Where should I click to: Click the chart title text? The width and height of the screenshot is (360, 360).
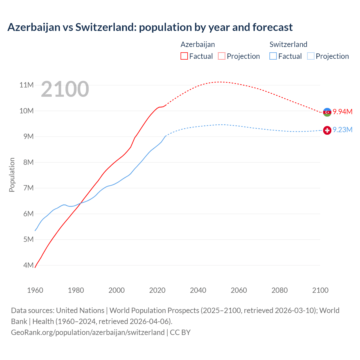coord(150,27)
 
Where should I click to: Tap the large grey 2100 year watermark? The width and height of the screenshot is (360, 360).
coord(65,89)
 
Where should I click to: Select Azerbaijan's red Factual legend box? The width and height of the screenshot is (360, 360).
coord(184,56)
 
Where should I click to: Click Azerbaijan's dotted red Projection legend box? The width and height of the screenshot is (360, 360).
coord(222,56)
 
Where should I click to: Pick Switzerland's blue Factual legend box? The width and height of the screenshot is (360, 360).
coord(273,56)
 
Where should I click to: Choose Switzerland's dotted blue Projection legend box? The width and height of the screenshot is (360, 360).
coord(310,56)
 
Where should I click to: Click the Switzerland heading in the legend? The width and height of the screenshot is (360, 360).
coord(288,44)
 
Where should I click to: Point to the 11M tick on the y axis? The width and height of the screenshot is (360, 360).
coord(26,85)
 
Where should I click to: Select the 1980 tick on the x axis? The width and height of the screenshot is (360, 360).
coord(76,290)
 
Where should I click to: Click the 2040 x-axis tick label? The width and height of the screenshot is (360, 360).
coord(198,290)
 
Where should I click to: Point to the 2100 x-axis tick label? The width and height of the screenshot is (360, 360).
coord(320,290)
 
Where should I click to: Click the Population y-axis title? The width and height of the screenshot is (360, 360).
coord(12,175)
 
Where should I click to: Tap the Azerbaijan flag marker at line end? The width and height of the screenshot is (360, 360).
coord(327,112)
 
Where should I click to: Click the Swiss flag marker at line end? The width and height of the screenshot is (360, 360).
coord(327,130)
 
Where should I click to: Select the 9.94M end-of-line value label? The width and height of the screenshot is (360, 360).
coord(343,112)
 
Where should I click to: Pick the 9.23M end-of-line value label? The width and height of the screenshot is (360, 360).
coord(343,130)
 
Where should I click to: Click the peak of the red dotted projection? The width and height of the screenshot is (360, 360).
coord(221,82)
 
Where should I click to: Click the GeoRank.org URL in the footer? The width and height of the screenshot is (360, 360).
coord(88,332)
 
